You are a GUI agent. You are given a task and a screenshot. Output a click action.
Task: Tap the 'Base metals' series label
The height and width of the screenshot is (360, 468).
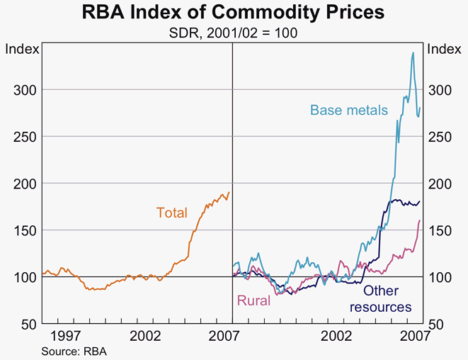[348, 111]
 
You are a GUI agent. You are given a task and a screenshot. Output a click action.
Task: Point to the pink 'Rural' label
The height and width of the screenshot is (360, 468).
[252, 300]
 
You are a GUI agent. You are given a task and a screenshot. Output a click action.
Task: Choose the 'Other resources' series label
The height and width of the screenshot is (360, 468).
[381, 298]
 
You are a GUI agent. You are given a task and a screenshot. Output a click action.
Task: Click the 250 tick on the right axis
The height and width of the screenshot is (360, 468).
[440, 136]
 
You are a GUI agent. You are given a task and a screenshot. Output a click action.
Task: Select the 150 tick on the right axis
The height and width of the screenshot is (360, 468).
[440, 230]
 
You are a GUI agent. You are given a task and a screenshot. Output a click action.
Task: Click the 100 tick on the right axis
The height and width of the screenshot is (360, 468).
[440, 277]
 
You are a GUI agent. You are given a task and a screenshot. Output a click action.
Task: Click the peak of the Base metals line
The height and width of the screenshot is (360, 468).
[413, 52]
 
